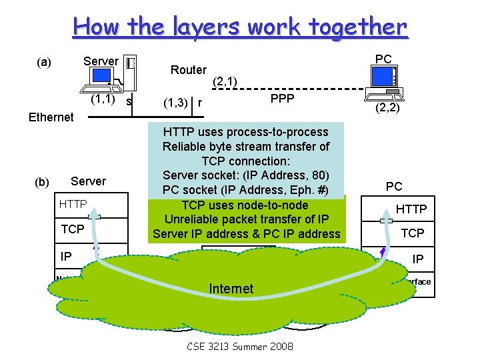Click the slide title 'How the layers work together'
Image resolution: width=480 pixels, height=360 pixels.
[x=240, y=27]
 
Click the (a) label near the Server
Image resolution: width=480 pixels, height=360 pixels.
[x=43, y=63]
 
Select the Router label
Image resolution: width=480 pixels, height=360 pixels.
[x=189, y=70]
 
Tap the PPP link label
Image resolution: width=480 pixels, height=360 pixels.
[x=283, y=99]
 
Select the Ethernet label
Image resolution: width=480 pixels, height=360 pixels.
[x=51, y=117]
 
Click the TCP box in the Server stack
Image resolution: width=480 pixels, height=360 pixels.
[x=73, y=229]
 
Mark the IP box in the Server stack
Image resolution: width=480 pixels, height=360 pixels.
[x=66, y=255]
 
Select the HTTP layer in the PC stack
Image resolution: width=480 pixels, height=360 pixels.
[x=411, y=209]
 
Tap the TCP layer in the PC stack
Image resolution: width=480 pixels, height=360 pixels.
[x=412, y=233]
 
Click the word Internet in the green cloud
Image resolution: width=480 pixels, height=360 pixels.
[x=231, y=289]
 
